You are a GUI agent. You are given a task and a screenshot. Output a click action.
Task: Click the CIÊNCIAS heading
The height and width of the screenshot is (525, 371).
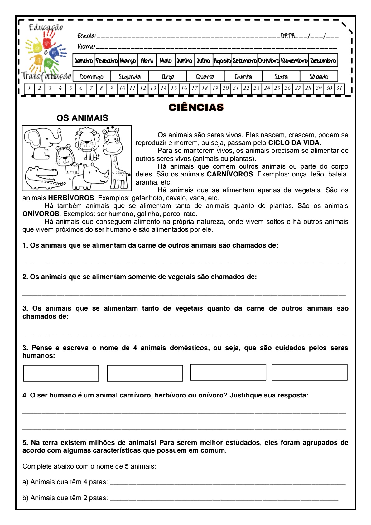pyautogui.click(x=196, y=108)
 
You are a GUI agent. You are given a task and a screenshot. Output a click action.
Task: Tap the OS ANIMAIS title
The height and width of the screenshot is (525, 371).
pyautogui.click(x=82, y=118)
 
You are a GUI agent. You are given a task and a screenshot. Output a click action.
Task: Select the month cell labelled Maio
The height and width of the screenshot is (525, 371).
pyautogui.click(x=166, y=60)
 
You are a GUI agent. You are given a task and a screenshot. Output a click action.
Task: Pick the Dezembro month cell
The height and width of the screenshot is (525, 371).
pyautogui.click(x=323, y=60)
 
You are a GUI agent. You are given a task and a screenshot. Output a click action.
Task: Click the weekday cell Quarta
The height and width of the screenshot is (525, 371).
pyautogui.click(x=205, y=77)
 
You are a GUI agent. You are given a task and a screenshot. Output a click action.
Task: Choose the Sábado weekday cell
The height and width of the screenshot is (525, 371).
pyautogui.click(x=319, y=77)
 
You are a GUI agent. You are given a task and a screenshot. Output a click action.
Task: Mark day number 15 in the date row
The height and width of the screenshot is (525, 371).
pyautogui.click(x=174, y=88)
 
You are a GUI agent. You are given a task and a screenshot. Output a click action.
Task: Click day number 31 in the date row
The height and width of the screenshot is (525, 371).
pyautogui.click(x=339, y=88)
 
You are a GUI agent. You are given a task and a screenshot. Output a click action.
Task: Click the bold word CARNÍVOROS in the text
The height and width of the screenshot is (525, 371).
pyautogui.click(x=230, y=174)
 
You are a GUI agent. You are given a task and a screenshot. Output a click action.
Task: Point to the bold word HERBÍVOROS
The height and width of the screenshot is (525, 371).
pyautogui.click(x=71, y=198)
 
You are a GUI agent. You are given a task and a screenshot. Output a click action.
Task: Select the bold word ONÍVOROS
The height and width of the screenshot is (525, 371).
pyautogui.click(x=41, y=214)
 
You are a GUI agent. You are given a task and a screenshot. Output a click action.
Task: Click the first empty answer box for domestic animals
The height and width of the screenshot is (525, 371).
pyautogui.click(x=61, y=373)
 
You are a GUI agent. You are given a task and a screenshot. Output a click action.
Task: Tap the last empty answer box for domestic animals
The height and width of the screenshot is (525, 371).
pyautogui.click(x=309, y=372)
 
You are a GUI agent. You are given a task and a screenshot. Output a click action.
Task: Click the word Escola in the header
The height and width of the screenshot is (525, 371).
pyautogui.click(x=86, y=36)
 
